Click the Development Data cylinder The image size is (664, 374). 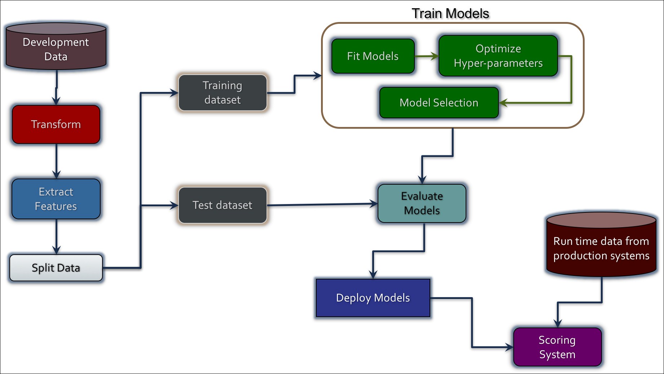click(56, 46)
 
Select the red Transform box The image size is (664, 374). click(56, 124)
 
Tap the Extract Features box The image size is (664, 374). click(56, 199)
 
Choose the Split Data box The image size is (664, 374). click(56, 268)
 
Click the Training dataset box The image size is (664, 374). click(223, 93)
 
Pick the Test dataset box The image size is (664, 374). click(223, 205)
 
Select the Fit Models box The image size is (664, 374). click(373, 56)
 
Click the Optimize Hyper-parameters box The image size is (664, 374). click(498, 56)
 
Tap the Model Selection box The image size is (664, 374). click(439, 103)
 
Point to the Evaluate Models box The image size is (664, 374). click(422, 203)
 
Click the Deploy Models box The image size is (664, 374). click(373, 298)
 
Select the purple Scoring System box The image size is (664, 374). click(557, 347)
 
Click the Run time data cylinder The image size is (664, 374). click(601, 245)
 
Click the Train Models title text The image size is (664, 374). click(450, 14)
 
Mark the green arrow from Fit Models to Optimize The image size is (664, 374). click(427, 56)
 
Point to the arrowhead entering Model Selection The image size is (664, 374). click(504, 103)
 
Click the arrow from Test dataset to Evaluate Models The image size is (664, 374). click(322, 204)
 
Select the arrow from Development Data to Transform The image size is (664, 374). click(56, 88)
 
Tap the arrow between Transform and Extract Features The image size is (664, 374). click(56, 161)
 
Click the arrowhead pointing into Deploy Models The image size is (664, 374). click(373, 274)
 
